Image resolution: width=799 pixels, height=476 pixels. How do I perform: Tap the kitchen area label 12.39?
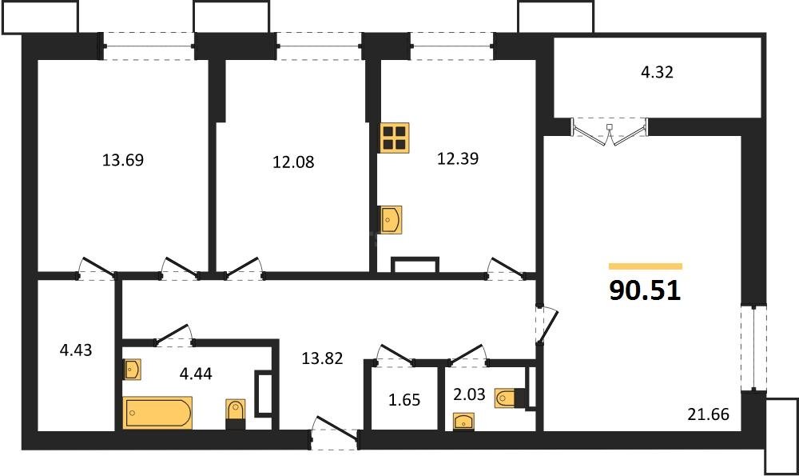click(457, 158)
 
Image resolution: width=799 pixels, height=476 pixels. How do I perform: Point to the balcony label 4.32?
click(657, 72)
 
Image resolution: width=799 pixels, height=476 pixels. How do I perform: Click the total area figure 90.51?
click(645, 291)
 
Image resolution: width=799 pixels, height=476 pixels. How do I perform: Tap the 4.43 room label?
click(77, 350)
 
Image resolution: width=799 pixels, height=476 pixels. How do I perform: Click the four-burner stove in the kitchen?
click(395, 138)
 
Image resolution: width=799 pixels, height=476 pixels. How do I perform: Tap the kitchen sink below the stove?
click(391, 218)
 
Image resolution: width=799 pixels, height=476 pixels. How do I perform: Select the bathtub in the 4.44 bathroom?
click(157, 413)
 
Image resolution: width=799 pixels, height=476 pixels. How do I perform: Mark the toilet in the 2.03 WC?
click(509, 397)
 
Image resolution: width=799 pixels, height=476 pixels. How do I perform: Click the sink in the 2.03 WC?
click(463, 421)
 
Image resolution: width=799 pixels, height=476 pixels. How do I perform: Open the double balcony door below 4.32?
click(610, 132)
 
